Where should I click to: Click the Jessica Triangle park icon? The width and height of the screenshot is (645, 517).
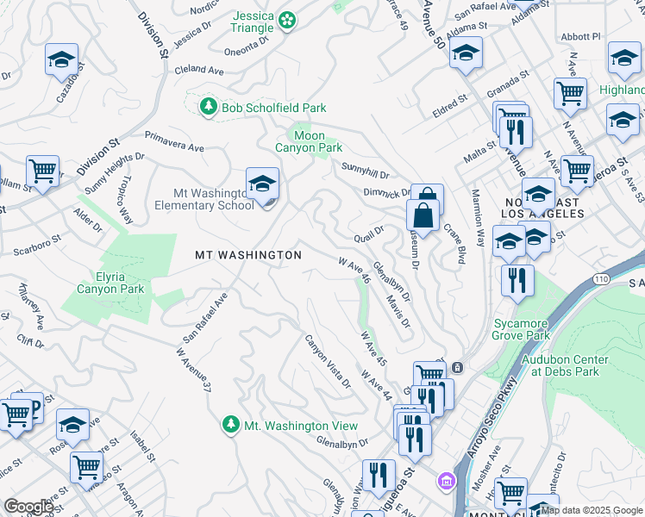click(288, 18)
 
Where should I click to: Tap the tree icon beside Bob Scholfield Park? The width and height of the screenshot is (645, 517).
click(208, 107)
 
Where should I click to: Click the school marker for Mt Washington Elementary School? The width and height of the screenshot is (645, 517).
click(262, 183)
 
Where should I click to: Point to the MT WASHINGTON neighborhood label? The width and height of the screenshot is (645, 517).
click(248, 255)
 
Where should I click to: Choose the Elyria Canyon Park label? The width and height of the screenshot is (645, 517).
click(110, 283)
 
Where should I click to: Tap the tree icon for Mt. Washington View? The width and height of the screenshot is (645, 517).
click(230, 425)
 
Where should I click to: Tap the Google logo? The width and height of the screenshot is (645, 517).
click(28, 507)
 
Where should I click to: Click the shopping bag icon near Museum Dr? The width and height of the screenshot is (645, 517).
click(426, 213)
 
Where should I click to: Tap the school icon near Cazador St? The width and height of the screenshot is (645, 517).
click(61, 59)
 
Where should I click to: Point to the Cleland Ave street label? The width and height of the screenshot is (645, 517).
click(204, 69)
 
